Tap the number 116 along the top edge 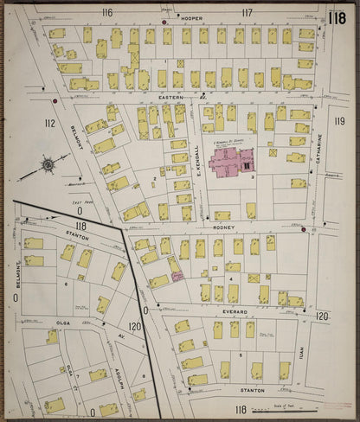click(107, 12)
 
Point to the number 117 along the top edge click(248, 12)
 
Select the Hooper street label click(191, 16)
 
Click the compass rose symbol click(48, 164)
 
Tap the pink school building click(228, 157)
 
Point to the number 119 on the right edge click(339, 122)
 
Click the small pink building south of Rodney click(177, 275)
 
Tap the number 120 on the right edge click(323, 317)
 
